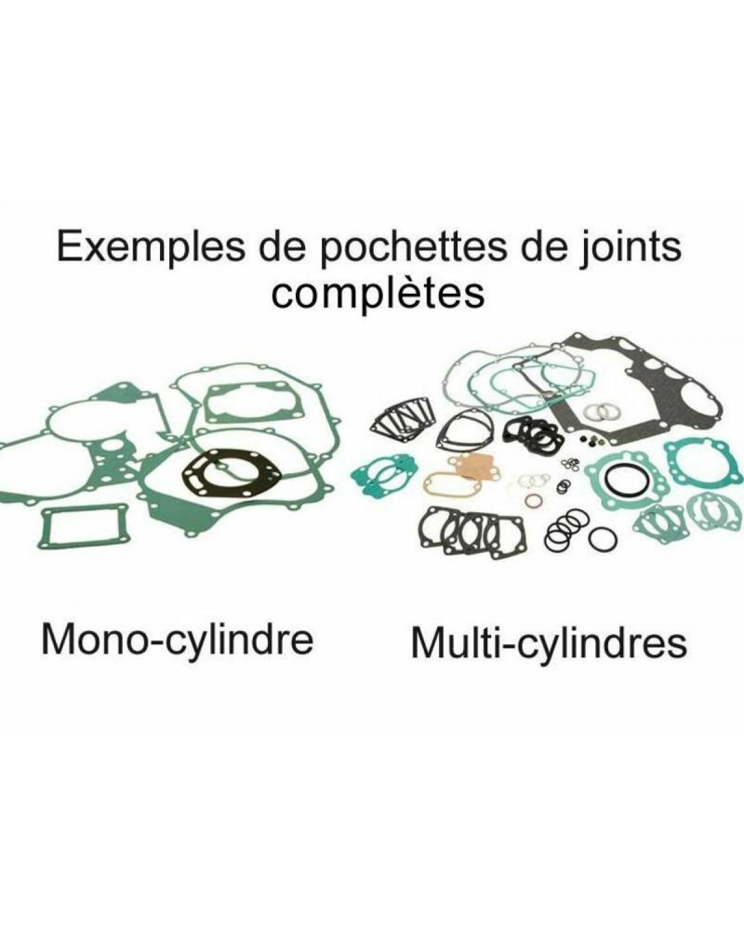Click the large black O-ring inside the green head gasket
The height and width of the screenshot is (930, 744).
click(x=621, y=479)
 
